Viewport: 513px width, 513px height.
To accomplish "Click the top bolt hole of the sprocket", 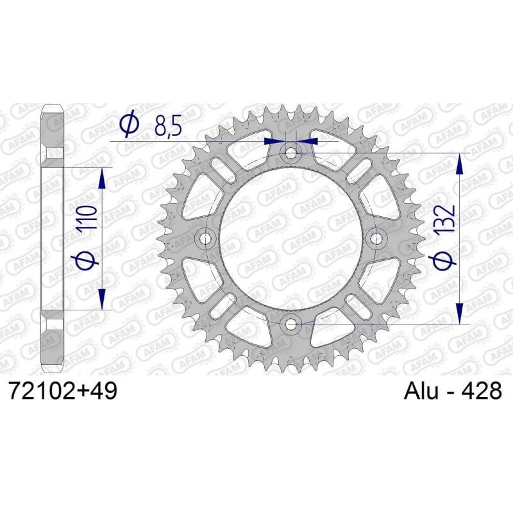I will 292,153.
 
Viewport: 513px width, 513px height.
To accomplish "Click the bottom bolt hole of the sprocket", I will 292,324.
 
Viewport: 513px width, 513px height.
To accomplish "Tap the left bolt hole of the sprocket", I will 206,239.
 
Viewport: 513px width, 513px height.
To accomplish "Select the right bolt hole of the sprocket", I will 377,239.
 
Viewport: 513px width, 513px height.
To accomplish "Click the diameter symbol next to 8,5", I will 129,124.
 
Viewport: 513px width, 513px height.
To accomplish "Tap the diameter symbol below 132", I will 448,259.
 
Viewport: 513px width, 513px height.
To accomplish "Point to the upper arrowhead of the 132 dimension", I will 458,164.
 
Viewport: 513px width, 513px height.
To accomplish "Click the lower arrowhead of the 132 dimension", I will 458,313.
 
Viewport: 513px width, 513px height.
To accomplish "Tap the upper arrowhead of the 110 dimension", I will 101,179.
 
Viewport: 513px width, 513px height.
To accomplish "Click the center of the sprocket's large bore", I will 292,239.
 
